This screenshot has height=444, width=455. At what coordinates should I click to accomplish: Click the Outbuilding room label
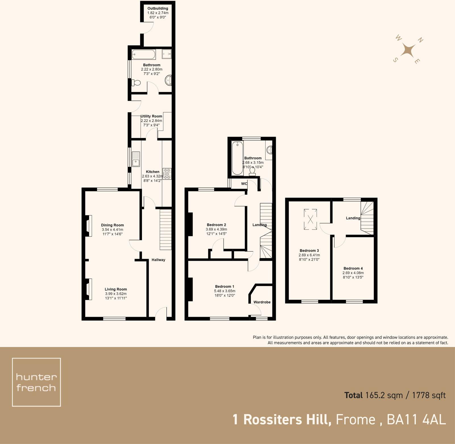[158, 9]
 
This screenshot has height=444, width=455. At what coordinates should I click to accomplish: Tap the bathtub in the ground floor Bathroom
[144, 54]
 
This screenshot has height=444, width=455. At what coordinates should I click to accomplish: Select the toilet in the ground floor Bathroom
[136, 83]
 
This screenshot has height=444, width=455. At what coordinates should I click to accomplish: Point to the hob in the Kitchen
[167, 174]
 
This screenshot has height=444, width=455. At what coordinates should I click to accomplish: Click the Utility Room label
[151, 116]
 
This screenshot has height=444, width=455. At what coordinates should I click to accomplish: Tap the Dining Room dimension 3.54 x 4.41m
[112, 230]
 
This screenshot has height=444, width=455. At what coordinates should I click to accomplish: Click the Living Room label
[116, 289]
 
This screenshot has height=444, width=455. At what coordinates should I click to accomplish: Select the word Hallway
[158, 260]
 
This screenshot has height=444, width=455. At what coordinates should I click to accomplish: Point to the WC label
[244, 184]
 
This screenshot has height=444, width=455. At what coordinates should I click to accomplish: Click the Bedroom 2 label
[216, 225]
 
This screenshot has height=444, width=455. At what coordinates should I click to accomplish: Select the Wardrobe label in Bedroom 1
[262, 302]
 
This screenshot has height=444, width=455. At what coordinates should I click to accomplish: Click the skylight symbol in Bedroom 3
[310, 219]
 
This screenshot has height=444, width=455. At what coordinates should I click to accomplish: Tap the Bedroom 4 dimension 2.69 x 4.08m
[353, 273]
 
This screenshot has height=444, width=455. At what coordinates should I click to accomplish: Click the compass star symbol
[408, 51]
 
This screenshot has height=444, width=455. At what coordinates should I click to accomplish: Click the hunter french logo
[36, 382]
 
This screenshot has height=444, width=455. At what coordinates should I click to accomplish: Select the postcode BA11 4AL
[416, 420]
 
